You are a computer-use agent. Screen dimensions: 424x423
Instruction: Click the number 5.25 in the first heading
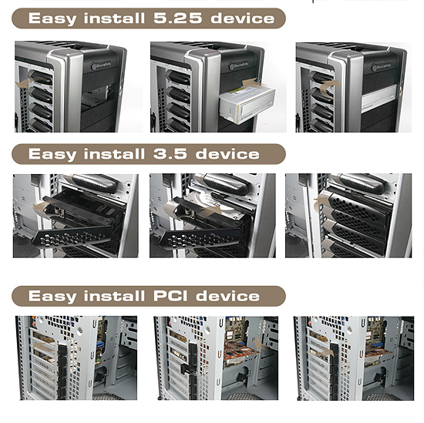coord(177,18)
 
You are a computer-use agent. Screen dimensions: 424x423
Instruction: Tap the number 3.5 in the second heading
coord(170,154)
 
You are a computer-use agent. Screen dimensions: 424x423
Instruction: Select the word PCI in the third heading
coord(170,296)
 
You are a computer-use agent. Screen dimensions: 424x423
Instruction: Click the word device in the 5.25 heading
coord(242,18)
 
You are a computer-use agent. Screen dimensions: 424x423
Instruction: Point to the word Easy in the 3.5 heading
coord(52,155)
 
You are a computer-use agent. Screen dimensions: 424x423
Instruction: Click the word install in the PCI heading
coord(114,296)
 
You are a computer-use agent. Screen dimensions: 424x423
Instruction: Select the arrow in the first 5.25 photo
coord(25,82)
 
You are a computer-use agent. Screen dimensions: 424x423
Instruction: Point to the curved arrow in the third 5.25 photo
coord(329,88)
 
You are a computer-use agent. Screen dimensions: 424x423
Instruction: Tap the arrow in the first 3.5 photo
coord(43,207)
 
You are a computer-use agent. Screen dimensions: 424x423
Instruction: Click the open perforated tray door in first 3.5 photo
coord(73,238)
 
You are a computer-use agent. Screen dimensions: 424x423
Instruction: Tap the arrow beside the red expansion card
coord(261,343)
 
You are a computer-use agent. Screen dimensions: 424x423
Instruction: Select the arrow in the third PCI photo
coord(325,351)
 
